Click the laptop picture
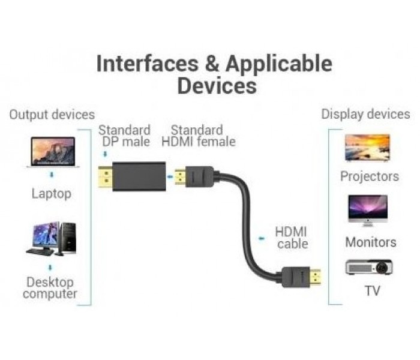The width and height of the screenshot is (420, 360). (53, 152)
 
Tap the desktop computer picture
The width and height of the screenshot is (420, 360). (51, 239)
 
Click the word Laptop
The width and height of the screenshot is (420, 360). (52, 194)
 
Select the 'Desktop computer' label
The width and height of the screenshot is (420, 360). (50, 288)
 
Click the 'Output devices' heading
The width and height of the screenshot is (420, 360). (52, 115)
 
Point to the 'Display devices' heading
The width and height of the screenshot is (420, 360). (365, 114)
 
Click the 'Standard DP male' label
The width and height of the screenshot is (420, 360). (125, 136)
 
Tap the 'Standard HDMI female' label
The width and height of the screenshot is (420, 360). (199, 136)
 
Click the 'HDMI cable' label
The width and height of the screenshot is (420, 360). (292, 238)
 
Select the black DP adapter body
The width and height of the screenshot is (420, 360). (139, 176)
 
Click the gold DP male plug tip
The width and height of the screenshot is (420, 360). (105, 177)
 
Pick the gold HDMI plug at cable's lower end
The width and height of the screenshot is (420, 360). (315, 277)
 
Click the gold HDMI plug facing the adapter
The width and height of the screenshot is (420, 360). (180, 176)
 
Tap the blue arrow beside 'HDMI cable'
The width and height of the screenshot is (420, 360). (262, 238)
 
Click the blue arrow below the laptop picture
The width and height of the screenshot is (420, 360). (52, 175)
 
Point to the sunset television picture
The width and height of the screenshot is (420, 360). (367, 148)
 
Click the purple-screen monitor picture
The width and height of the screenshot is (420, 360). (368, 211)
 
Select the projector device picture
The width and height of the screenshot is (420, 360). (369, 267)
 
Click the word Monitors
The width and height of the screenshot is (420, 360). (371, 242)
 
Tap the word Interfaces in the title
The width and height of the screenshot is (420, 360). (148, 64)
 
